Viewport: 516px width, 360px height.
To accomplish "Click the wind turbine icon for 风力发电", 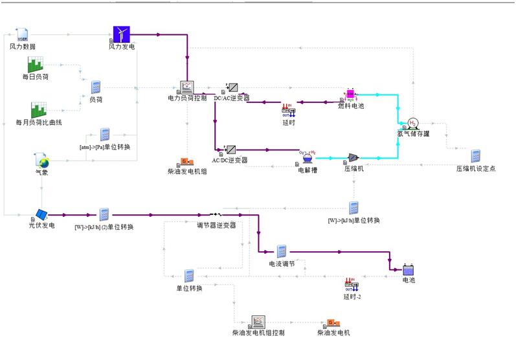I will point(122,34).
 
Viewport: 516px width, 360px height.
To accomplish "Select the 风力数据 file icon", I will point(22,35).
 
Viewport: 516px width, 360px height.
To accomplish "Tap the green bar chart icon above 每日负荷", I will point(36,65).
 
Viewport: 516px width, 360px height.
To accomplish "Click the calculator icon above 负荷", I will point(96,88).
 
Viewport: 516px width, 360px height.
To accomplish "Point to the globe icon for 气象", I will point(42,161).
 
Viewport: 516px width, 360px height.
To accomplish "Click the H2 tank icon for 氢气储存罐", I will point(413,123).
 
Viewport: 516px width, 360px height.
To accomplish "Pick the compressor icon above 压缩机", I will point(353,157).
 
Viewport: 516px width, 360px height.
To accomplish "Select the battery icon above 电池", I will point(409,269).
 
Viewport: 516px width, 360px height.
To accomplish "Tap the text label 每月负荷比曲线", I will point(43,122).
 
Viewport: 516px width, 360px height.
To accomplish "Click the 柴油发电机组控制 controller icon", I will point(258,321).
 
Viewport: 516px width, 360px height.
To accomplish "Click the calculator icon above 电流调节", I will point(282,251).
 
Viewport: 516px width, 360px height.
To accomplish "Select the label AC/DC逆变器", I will point(230,160).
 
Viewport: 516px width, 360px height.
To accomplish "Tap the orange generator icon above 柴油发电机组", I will point(185,161).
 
